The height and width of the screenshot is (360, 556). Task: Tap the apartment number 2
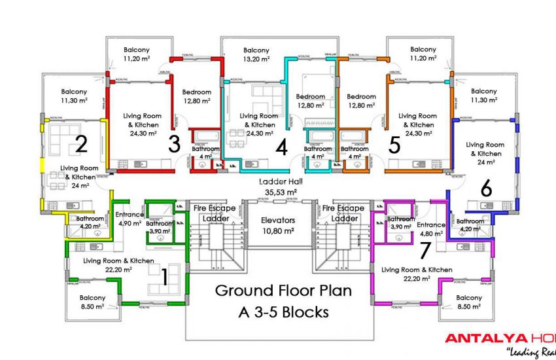coord(81,144)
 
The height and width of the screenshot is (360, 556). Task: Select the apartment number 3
coord(174,144)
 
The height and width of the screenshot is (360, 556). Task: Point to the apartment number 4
coord(281,148)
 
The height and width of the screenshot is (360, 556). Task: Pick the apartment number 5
coord(394,144)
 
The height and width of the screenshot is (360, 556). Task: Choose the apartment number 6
coord(485,189)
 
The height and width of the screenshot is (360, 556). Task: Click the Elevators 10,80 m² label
coord(278,225)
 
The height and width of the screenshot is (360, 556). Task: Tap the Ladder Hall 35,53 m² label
coord(278,187)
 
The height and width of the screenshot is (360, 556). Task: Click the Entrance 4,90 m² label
coord(130,219)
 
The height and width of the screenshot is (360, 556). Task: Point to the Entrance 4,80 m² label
coord(431,229)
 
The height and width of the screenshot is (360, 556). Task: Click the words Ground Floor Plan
coord(283,291)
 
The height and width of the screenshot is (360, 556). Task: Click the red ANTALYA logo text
coord(480,338)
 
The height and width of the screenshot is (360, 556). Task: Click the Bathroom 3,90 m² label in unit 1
coord(160,227)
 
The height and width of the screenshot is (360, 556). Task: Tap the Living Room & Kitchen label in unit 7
coord(417,274)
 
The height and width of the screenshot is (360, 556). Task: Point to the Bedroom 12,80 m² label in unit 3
coord(196,97)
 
